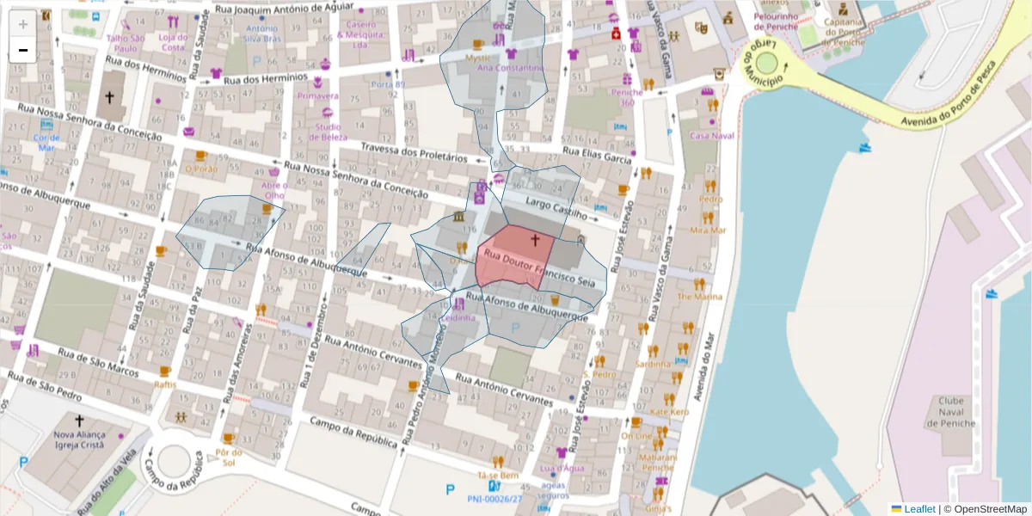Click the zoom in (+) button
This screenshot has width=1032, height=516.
click(23, 23)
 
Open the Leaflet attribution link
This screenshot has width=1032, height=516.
click(919, 509)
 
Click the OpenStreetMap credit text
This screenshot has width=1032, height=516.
click(990, 509)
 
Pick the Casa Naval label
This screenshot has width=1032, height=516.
click(712, 136)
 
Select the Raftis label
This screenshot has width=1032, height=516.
click(165, 384)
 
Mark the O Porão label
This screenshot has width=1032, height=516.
click(200, 169)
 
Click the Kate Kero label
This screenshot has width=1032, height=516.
click(669, 412)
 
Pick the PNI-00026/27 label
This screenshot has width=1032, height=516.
click(494, 499)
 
